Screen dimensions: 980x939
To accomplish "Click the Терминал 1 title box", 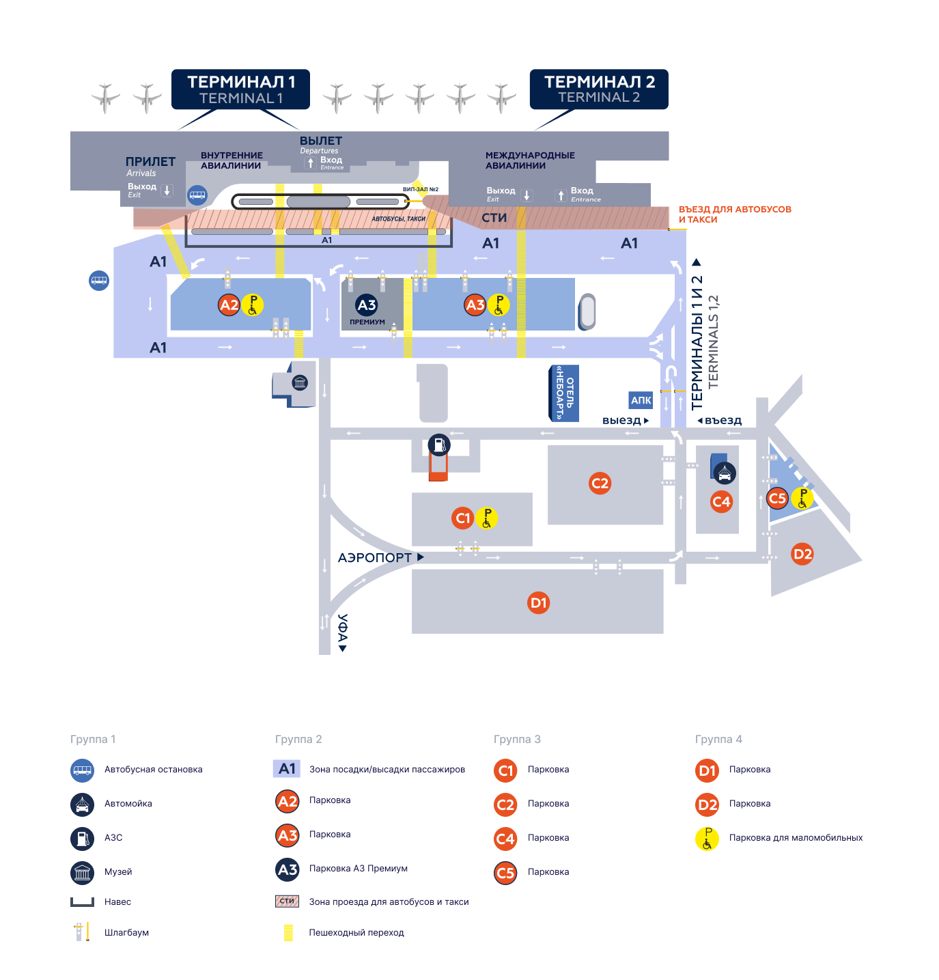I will click(240, 89).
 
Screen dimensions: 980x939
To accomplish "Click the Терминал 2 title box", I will click(599, 89).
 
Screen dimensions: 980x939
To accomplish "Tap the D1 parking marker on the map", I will click(539, 602).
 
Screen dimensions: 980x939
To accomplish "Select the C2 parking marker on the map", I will click(600, 484).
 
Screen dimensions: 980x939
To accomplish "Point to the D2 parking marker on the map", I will click(802, 554).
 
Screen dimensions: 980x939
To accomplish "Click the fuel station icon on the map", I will click(439, 445).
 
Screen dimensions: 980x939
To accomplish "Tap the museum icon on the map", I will click(300, 383).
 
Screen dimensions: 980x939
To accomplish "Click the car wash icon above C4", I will click(724, 472).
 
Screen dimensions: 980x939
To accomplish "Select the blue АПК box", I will click(641, 401).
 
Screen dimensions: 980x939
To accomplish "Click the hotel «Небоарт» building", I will click(564, 393).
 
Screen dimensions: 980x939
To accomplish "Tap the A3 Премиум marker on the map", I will click(367, 305).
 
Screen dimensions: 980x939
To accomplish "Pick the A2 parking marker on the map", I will click(229, 305).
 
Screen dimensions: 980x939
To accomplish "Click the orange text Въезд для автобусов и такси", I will click(734, 214).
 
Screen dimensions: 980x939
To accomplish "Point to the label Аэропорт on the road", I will click(375, 558).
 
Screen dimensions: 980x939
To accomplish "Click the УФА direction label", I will click(343, 632).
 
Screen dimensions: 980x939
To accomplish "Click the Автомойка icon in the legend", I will click(82, 804).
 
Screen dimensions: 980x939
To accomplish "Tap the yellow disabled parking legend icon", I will click(707, 838).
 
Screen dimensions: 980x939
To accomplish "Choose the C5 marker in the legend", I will click(505, 872).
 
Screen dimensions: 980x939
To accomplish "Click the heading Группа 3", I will click(517, 739).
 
